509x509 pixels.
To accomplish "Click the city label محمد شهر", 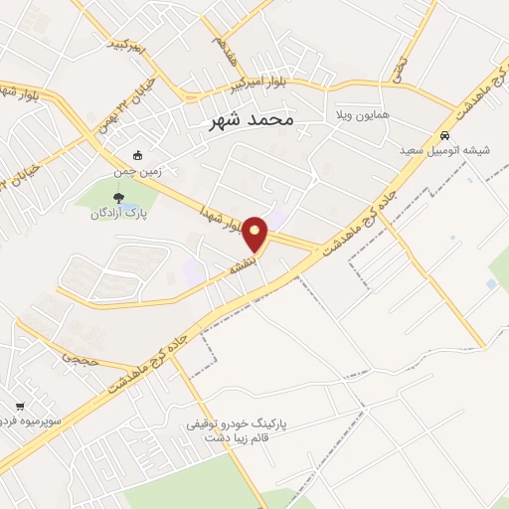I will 254,121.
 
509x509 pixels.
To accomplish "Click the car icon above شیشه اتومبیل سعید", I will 445,135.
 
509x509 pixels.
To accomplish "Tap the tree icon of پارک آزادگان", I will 119,197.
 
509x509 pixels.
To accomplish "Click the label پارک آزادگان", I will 112,214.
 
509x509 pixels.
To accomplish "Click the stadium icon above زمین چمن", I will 137,154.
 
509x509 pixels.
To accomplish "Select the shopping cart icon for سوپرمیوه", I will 21,406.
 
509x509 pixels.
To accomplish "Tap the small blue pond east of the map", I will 491,284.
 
